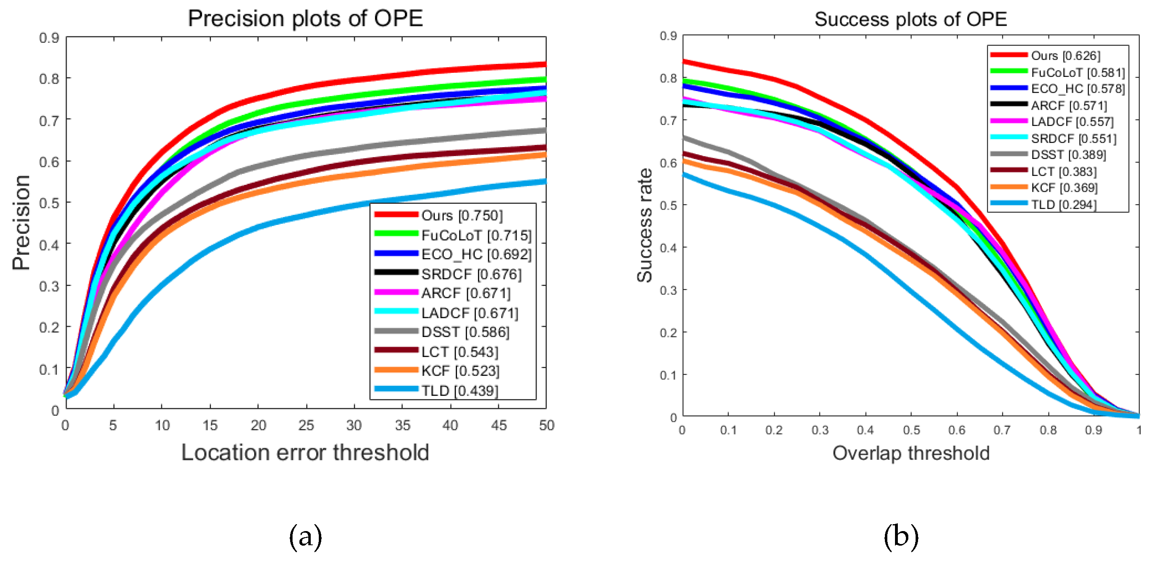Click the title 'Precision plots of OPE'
(305, 19)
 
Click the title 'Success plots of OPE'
(910, 19)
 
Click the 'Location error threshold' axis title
(305, 453)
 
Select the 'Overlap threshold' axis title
(911, 453)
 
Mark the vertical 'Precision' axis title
(21, 222)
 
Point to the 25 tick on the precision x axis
(306, 425)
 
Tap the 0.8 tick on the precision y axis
(49, 79)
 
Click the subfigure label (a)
(305, 537)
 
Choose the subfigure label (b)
(901, 537)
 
